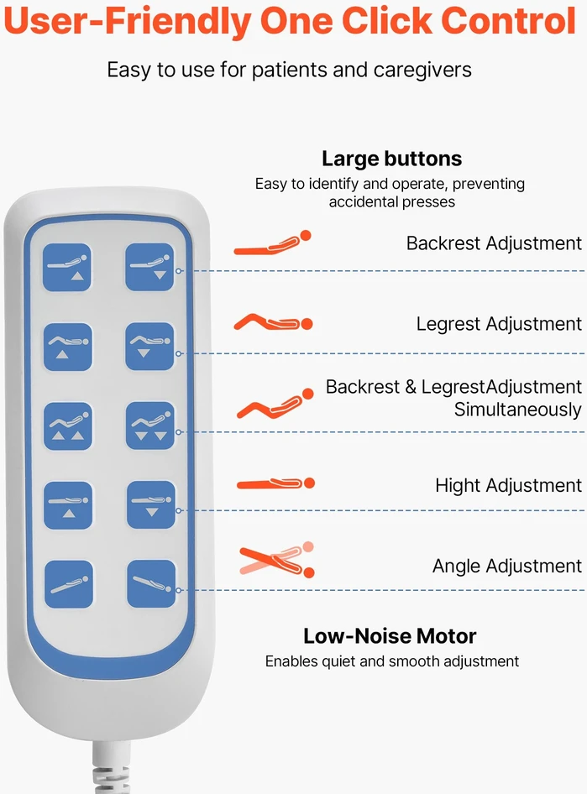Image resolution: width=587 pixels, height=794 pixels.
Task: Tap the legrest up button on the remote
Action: pos(68,347)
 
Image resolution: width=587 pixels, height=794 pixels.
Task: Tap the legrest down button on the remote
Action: pos(150,346)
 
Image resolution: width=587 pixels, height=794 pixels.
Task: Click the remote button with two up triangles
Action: pos(68,426)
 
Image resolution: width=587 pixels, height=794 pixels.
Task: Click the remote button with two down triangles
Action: pos(150,426)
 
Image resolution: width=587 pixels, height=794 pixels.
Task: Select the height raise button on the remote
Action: pos(68,505)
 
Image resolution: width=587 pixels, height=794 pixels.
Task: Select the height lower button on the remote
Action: pos(151,504)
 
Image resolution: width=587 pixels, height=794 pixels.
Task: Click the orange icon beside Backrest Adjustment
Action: pos(272,243)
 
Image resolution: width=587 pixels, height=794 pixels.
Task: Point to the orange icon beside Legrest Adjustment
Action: pos(273,322)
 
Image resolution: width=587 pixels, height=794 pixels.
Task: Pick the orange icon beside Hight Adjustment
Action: pos(276,483)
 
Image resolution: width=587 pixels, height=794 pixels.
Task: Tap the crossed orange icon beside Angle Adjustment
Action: pos(277,560)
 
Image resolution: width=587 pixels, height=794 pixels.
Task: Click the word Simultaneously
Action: pos(517,409)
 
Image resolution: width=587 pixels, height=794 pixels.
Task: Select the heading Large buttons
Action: pos(392,159)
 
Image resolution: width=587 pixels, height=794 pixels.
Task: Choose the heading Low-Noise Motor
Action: pos(390,636)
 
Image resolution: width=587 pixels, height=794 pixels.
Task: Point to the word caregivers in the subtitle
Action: pos(422,70)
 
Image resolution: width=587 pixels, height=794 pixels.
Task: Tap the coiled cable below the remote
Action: pos(112,768)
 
